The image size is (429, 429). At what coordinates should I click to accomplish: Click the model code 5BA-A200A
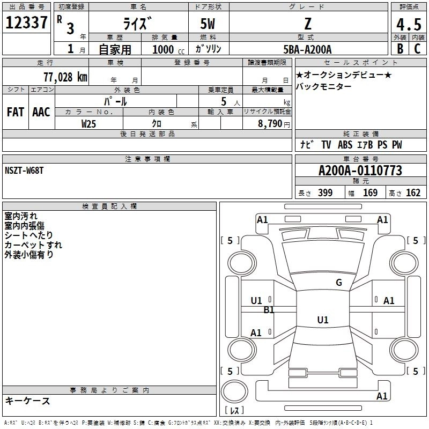pyautogui.click(x=308, y=49)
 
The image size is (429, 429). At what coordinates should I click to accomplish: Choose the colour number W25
pyautogui.click(x=89, y=123)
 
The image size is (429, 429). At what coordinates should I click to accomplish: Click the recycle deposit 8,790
pyautogui.click(x=267, y=123)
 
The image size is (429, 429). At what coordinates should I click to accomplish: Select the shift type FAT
pyautogui.click(x=15, y=112)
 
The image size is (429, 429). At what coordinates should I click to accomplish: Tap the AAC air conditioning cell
pyautogui.click(x=41, y=112)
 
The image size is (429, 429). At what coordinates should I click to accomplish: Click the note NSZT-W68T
pyautogui.click(x=24, y=170)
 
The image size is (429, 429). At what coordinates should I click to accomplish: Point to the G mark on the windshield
pyautogui.click(x=338, y=283)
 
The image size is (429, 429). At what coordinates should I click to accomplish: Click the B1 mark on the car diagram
pyautogui.click(x=269, y=310)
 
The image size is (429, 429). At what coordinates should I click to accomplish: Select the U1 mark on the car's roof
pyautogui.click(x=322, y=320)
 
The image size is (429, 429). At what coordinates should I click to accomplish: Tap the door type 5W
pyautogui.click(x=209, y=24)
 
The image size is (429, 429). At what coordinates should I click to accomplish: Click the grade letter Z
pyautogui.click(x=308, y=24)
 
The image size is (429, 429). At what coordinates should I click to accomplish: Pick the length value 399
pyautogui.click(x=325, y=193)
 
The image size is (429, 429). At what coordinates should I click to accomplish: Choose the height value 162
pyautogui.click(x=413, y=193)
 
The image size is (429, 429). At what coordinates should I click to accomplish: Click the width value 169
pyautogui.click(x=370, y=193)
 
